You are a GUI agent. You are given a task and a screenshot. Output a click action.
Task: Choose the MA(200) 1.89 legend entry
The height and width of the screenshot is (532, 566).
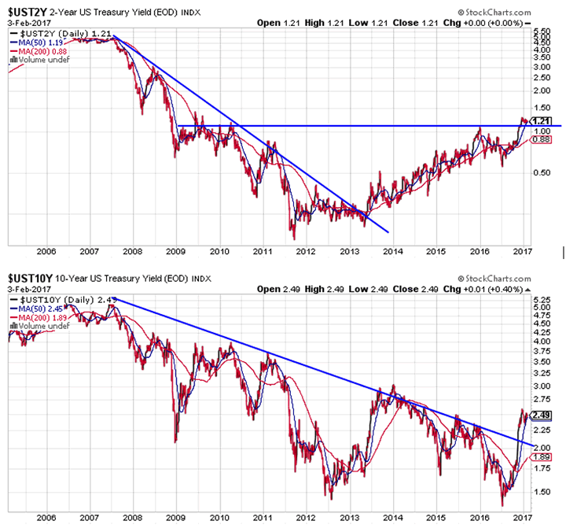(x=44, y=319)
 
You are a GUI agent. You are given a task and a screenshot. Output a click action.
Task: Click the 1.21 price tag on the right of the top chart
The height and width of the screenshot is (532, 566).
(x=540, y=120)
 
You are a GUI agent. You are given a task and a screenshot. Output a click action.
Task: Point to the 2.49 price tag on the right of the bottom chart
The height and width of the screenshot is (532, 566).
(x=540, y=416)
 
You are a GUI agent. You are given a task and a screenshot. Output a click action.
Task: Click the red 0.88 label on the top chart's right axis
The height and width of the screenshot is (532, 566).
(x=539, y=139)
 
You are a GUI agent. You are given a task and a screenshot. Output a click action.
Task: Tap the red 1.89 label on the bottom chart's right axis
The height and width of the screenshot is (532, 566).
(x=539, y=457)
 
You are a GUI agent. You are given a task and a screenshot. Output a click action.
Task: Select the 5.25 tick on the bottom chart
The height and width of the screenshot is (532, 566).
(x=539, y=301)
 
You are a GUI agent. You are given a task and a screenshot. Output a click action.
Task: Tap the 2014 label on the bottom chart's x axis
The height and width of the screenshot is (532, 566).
(x=391, y=517)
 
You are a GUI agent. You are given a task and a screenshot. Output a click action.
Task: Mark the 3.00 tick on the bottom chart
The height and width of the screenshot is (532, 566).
(x=539, y=386)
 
